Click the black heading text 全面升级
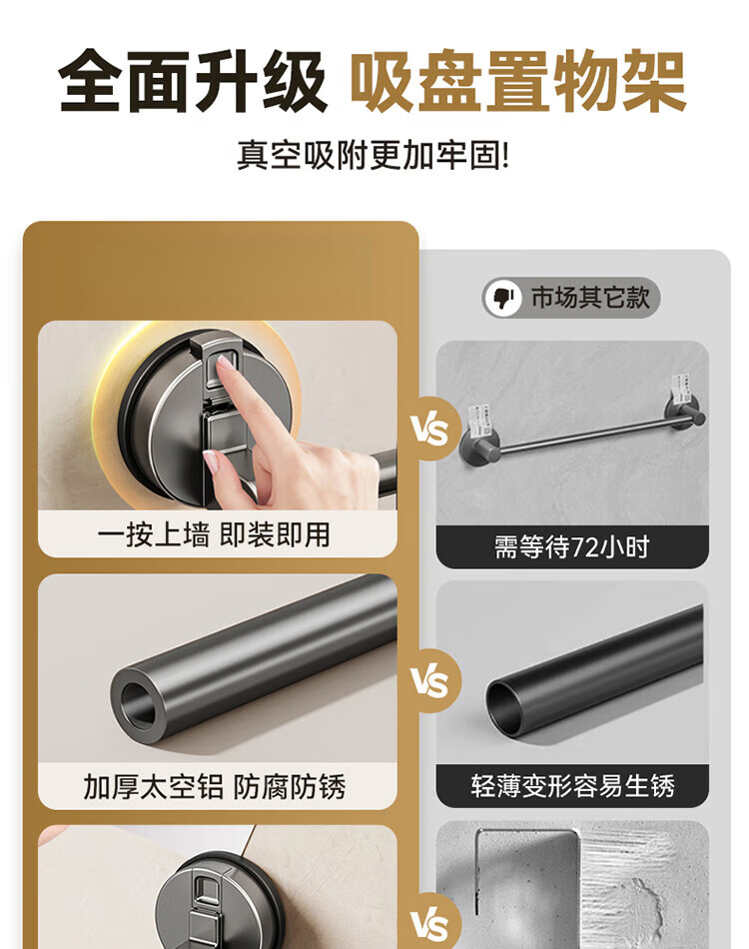click(193, 81)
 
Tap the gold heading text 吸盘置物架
click(518, 81)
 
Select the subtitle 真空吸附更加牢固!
click(374, 156)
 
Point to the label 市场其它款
click(590, 297)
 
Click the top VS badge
click(429, 429)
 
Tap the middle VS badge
click(429, 680)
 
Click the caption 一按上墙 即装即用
click(214, 535)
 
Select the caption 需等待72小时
click(571, 546)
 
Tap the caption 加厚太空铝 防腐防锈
click(214, 787)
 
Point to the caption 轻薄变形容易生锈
click(572, 786)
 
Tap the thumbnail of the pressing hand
click(210, 463)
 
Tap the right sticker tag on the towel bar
click(682, 389)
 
